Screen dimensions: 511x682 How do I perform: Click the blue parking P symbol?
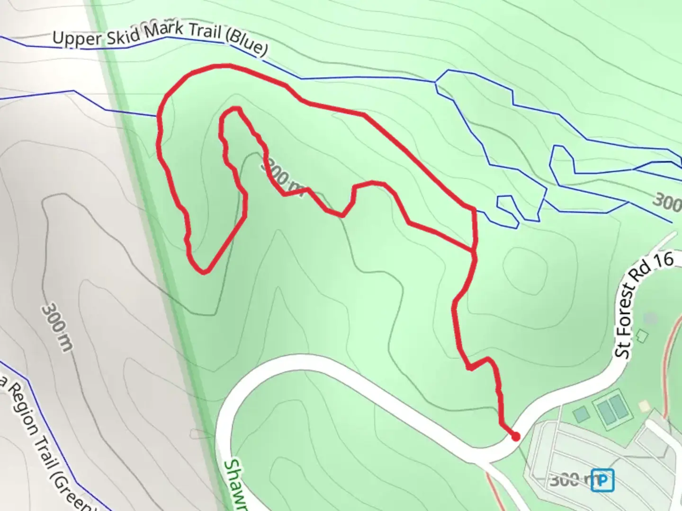click(x=602, y=481)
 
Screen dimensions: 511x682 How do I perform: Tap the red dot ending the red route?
click(x=516, y=436)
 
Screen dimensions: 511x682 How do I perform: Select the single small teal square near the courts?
click(x=581, y=415)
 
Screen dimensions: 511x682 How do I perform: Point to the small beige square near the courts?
click(x=643, y=406)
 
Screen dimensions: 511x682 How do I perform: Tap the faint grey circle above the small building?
click(x=651, y=318)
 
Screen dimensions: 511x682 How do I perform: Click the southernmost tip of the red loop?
click(x=204, y=272)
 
